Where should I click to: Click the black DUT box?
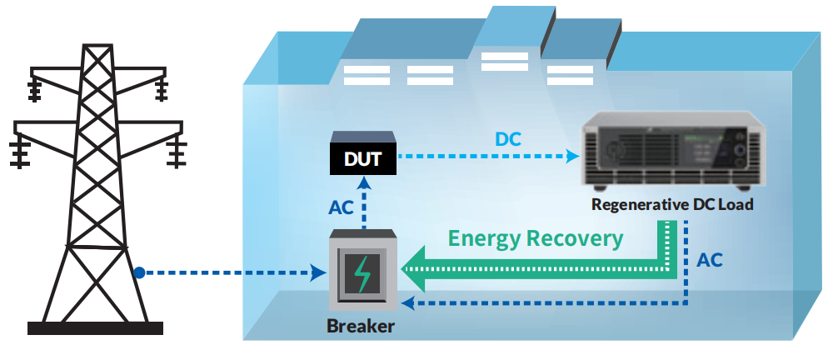pyautogui.click(x=363, y=157)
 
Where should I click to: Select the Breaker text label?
pyautogui.click(x=361, y=326)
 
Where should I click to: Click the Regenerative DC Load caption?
pyautogui.click(x=672, y=204)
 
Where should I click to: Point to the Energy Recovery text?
pyautogui.click(x=535, y=238)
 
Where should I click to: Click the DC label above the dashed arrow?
pyautogui.click(x=508, y=138)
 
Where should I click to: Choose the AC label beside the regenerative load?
pyautogui.click(x=710, y=259)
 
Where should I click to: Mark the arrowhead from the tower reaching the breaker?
pyautogui.click(x=318, y=272)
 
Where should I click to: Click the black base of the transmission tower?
pyautogui.click(x=95, y=327)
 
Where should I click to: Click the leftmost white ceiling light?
pyautogui.click(x=367, y=75)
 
